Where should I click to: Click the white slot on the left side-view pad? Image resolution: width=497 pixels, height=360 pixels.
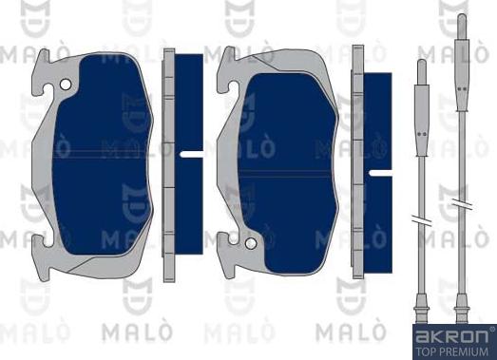pyautogui.click(x=191, y=153)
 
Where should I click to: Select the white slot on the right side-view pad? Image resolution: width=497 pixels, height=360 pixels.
pyautogui.click(x=382, y=173)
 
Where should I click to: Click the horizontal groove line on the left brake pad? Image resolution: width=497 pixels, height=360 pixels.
pyautogui.click(x=105, y=152)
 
